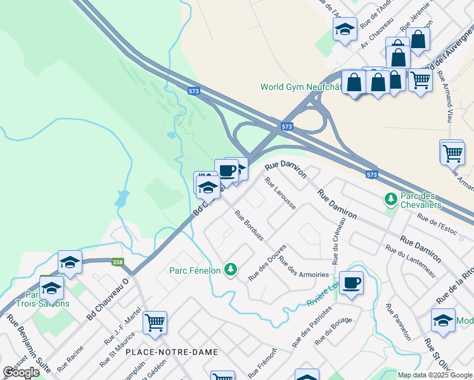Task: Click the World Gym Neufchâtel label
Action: point(301,87)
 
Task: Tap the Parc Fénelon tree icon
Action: point(231,270)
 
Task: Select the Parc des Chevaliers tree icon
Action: point(391,199)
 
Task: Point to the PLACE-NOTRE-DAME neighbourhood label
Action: point(172,352)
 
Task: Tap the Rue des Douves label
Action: point(267,262)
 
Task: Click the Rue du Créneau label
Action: point(335,240)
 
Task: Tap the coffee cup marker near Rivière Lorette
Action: point(351,282)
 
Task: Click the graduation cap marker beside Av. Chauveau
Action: point(345,28)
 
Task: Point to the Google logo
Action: point(22,372)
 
